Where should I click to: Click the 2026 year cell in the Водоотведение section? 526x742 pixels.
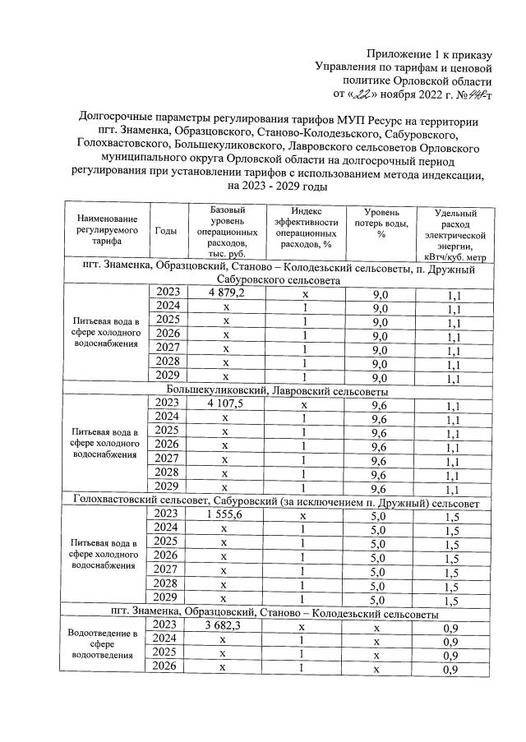click(166, 668)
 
